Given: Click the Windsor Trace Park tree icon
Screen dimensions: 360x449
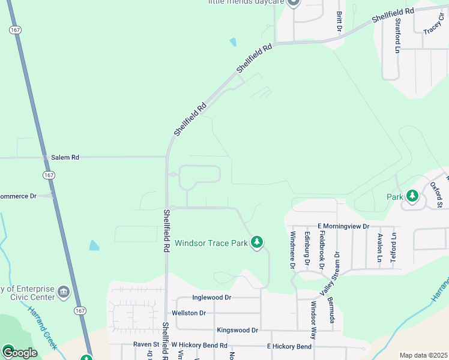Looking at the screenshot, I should click(257, 242).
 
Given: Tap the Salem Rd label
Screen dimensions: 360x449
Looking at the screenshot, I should click(65, 157).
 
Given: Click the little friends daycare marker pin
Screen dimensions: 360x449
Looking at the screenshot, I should click(293, 2).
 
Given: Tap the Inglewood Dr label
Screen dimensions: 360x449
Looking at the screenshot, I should click(211, 298).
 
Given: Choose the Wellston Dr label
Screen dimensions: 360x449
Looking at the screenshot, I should click(188, 313).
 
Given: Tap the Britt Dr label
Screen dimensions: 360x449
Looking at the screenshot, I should click(339, 21).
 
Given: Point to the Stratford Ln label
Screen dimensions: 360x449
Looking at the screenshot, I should click(397, 35).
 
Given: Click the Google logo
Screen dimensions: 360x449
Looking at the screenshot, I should click(19, 352).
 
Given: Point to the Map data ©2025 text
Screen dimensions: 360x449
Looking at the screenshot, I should click(423, 355).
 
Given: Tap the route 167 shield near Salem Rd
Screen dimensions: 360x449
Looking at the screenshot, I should click(49, 174).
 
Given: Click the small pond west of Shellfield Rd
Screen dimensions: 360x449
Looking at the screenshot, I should click(94, 245).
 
